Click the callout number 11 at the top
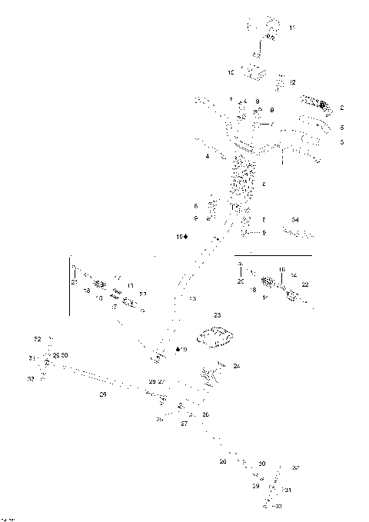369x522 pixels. pos(292,28)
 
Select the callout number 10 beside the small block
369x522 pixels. pos(231,72)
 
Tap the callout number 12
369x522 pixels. pos(292,81)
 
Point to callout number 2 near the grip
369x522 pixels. pos(342,108)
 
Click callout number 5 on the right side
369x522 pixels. pos(342,127)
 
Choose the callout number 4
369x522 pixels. pos(208,157)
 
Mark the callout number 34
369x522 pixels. pos(294,221)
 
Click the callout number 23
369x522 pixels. pos(217,315)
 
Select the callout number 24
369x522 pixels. pos(237,366)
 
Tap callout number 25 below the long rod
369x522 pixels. pos(102,394)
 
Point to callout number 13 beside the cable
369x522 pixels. pos(192,298)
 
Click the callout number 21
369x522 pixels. pos(75,283)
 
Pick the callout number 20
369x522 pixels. pos(240,282)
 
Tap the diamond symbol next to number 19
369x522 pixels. pos(178,349)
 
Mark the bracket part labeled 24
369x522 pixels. pos(211,375)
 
